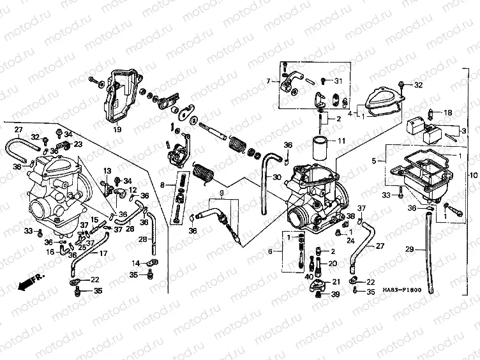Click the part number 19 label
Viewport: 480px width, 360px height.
pyautogui.click(x=117, y=130)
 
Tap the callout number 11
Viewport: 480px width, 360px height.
pyautogui.click(x=342, y=140)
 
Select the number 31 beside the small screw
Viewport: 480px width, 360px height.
pyautogui.click(x=338, y=80)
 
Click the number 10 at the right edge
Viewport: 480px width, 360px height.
pyautogui.click(x=473, y=175)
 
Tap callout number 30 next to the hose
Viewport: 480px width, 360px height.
pyautogui.click(x=276, y=177)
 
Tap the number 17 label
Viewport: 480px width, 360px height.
pyautogui.click(x=103, y=253)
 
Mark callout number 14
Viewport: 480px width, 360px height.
pyautogui.click(x=135, y=263)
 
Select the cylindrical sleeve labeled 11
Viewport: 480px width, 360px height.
pyautogui.click(x=320, y=147)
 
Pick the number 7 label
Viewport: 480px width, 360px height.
pyautogui.click(x=269, y=81)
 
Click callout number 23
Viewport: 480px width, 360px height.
pyautogui.click(x=79, y=145)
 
